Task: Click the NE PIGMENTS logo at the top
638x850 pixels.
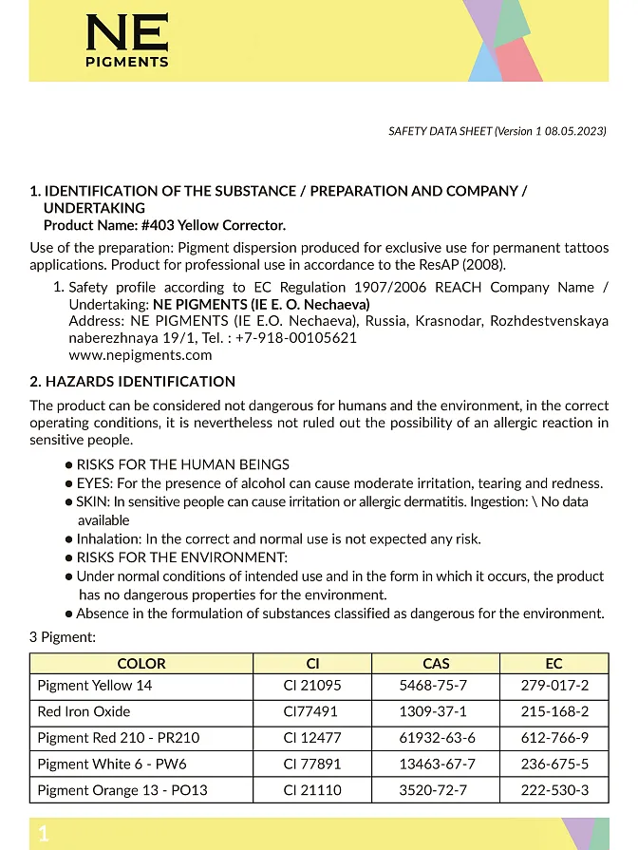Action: [127, 42]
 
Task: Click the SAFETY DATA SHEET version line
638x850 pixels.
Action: [497, 132]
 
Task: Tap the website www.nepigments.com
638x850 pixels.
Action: [141, 355]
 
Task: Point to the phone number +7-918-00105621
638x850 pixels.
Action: [296, 338]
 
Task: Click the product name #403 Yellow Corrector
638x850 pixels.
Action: [213, 225]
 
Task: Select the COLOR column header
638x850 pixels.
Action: [141, 664]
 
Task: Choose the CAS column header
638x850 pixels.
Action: [436, 664]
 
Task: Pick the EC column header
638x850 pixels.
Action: [554, 664]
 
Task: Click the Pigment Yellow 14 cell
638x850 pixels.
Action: [95, 686]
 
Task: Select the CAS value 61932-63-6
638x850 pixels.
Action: [436, 738]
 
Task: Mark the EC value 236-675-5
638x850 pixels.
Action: [554, 764]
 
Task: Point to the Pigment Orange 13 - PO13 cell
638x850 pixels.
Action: [122, 790]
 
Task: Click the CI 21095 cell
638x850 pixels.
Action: [311, 686]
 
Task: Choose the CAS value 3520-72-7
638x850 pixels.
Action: [436, 790]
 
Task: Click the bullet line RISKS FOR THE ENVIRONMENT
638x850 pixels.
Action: [181, 557]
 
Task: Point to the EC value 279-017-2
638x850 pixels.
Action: [554, 686]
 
